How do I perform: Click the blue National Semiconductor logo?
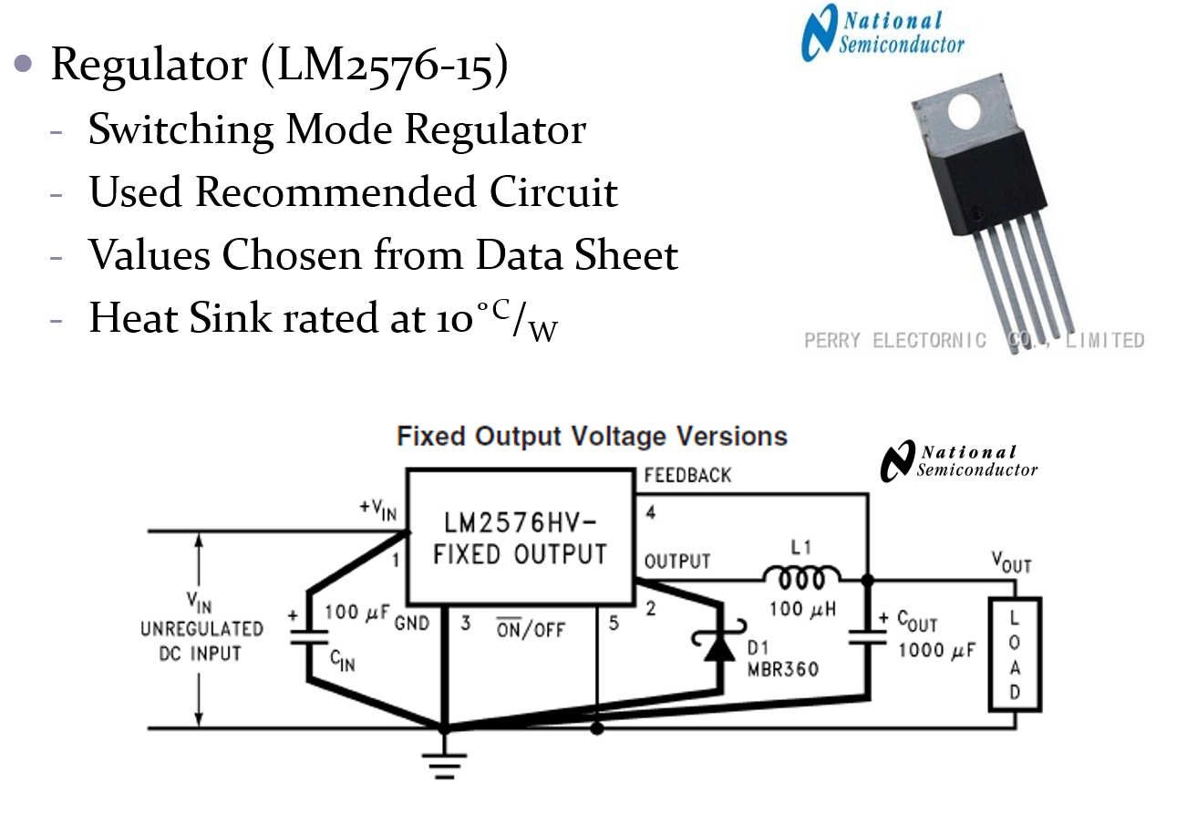(881, 33)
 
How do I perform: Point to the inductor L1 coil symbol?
(801, 578)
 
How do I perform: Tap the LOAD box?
(1015, 654)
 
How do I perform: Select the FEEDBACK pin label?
(687, 475)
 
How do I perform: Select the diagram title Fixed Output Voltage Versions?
(592, 436)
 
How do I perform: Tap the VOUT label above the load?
(1012, 564)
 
